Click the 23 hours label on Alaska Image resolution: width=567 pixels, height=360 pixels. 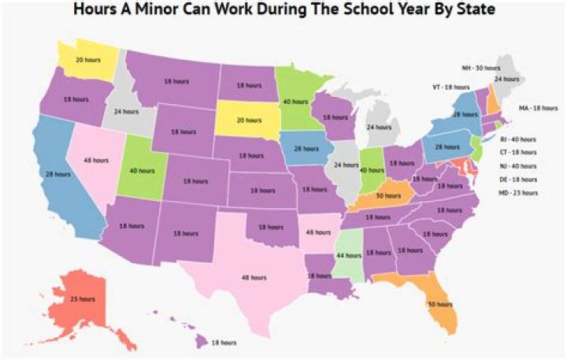pyautogui.click(x=82, y=299)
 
